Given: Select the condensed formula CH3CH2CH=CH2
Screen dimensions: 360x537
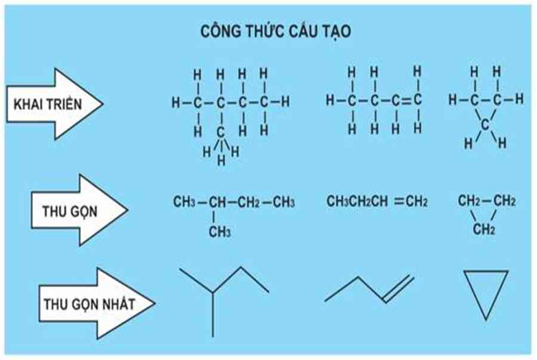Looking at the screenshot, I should (376, 202).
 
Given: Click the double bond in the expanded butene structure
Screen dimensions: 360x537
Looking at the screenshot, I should (406, 101).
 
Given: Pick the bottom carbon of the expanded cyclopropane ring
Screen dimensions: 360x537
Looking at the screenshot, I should (485, 124).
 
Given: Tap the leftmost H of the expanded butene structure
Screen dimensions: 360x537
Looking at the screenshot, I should (330, 101).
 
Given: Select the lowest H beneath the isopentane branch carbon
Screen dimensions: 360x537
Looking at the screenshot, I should (220, 159).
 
